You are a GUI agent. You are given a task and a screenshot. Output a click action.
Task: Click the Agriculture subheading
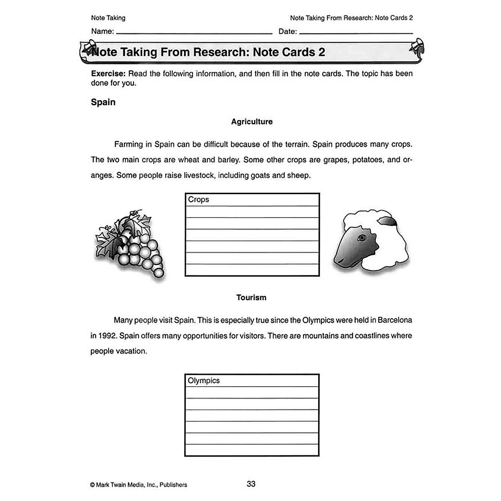pos(252,122)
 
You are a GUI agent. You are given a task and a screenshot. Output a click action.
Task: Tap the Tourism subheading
pos(251,298)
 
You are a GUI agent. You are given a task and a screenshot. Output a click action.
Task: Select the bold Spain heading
pos(103,102)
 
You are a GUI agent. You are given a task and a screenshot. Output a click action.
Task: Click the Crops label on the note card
pos(198,200)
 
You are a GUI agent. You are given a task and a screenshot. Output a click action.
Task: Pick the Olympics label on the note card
pos(203,381)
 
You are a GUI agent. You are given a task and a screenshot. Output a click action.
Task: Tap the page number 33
pos(251,484)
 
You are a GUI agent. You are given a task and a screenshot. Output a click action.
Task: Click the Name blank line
pos(194,32)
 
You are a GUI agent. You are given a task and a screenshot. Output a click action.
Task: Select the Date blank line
pos(356,32)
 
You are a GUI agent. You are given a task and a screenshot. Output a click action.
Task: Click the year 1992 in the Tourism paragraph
pos(107,336)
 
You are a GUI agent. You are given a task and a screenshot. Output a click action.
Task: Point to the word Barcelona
pos(395,320)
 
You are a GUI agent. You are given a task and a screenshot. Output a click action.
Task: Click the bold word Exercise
pos(108,74)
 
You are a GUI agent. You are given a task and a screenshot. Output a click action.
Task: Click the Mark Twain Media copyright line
pos(139,485)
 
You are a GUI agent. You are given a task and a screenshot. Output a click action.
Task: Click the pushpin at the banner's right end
pos(417,46)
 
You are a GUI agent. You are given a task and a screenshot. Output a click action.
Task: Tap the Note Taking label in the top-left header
pos(108,18)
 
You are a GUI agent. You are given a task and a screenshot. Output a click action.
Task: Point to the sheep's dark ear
pos(386,221)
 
